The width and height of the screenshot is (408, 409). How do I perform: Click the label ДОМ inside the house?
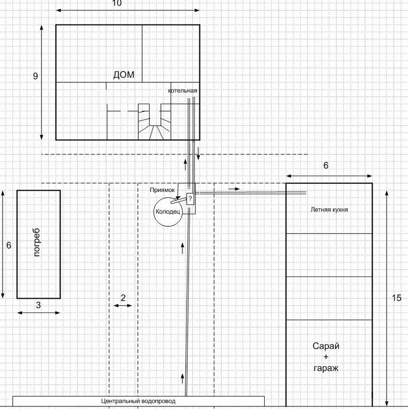[x=124, y=75]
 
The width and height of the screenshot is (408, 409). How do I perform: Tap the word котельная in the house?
[x=182, y=91]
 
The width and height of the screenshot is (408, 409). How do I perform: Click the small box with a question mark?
[x=190, y=199]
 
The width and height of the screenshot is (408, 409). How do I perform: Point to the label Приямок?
[x=162, y=190]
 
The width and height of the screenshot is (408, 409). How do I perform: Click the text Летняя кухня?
[x=329, y=209]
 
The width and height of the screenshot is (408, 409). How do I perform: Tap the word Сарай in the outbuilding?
[x=326, y=346]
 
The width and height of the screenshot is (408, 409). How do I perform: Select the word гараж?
[x=326, y=368]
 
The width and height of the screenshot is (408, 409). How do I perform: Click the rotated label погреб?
[x=36, y=242]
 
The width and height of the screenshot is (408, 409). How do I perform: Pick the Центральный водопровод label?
[x=138, y=401]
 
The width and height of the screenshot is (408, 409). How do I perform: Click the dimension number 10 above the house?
[x=117, y=3]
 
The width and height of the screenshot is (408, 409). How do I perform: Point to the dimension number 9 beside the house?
[x=35, y=76]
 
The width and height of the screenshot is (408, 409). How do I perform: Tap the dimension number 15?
[x=397, y=298]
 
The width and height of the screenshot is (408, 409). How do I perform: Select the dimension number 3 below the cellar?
[x=38, y=305]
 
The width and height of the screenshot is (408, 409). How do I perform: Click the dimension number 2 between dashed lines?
[x=123, y=298]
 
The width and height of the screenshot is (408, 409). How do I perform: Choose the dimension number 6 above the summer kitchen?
[x=326, y=165]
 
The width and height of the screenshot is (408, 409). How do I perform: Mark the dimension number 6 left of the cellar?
[x=9, y=245]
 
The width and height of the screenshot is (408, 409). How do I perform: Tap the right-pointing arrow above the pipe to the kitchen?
[x=234, y=189]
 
